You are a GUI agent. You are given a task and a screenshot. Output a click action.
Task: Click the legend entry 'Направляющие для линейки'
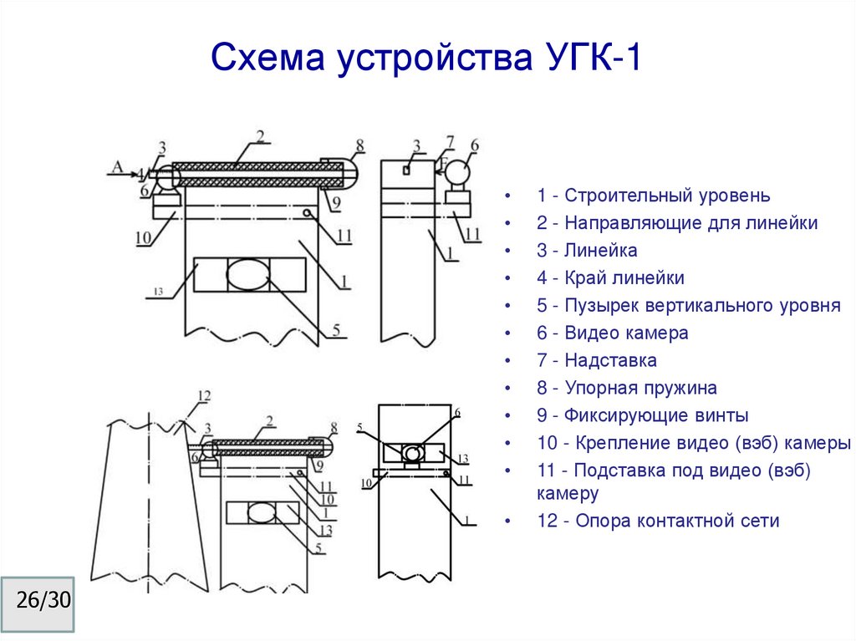coord(677,223)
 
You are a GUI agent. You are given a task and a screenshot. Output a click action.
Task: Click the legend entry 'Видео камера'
coord(613,333)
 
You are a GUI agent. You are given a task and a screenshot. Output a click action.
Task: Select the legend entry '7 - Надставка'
coord(597,360)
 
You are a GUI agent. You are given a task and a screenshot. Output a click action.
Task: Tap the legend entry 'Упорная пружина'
coord(627,388)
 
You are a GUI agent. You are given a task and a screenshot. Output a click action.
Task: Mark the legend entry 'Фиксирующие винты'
coord(643,415)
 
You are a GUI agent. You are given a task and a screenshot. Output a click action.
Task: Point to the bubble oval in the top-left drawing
coord(247,273)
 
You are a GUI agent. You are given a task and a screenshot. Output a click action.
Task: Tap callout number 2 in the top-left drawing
coord(260,137)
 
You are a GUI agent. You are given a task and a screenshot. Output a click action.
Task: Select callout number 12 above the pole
coord(204,395)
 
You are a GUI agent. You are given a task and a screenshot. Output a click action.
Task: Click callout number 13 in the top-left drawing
coord(157,293)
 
